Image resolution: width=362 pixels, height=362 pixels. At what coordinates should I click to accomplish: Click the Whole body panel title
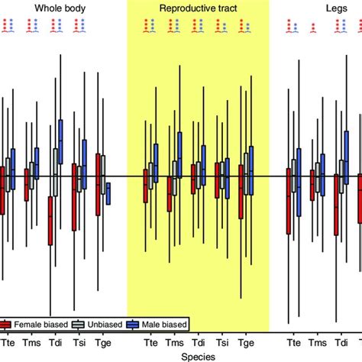[x=54, y=8]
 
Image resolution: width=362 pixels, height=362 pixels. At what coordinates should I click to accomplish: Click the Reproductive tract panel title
[x=198, y=8]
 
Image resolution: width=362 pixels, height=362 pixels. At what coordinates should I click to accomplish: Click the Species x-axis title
[x=197, y=354]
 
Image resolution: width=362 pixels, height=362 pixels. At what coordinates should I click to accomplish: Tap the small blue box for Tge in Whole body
[x=108, y=193]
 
